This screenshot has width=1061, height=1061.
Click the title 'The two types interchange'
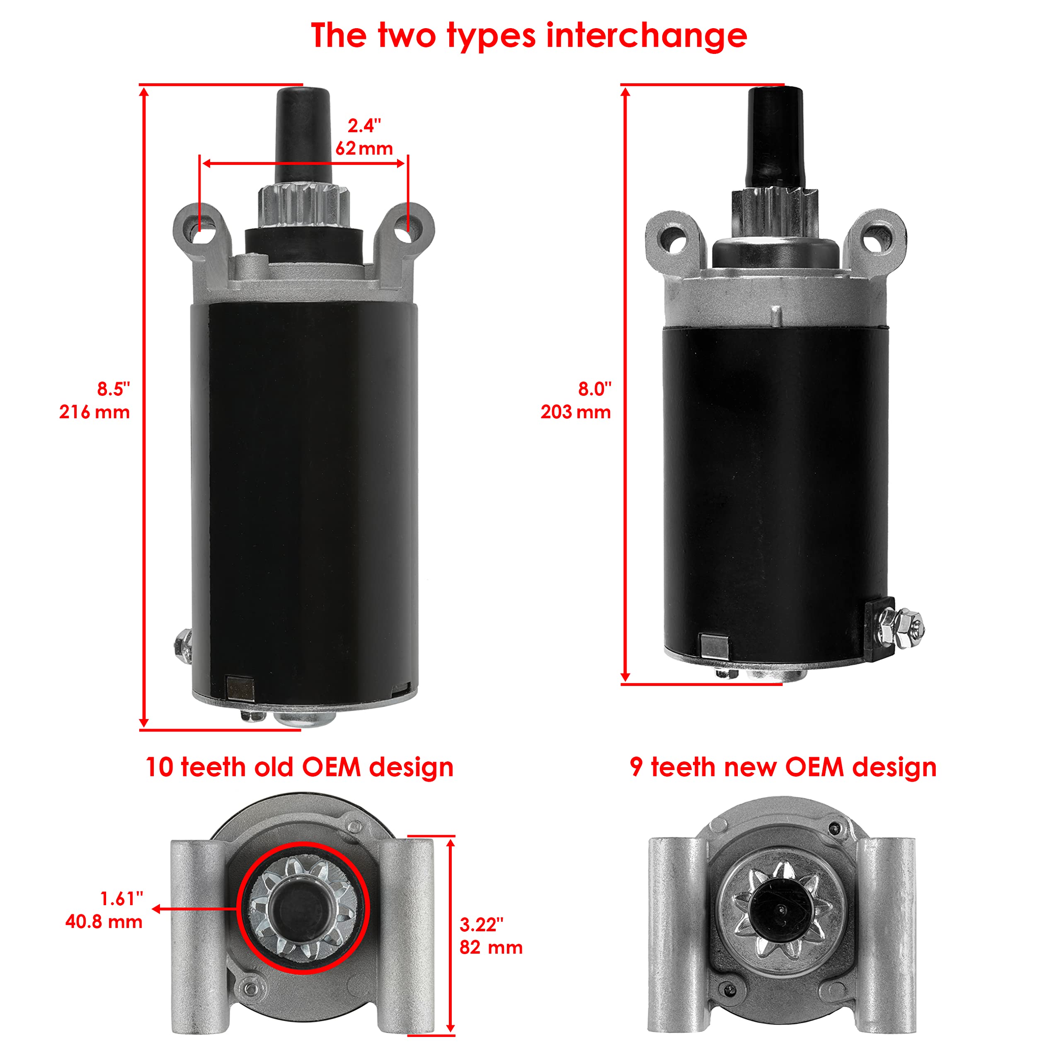coord(529,36)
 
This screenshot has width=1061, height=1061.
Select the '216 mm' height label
coord(94,412)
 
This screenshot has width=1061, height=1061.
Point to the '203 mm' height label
coord(576,412)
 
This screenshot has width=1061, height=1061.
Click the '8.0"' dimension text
coord(594,389)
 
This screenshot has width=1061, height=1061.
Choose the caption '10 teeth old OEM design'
coord(299,767)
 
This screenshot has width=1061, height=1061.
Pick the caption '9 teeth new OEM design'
coord(783,767)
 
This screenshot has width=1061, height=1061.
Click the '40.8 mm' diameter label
coord(104,921)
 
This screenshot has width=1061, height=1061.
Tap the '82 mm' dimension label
coord(490,947)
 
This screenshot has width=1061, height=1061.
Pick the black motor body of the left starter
coord(304,494)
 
